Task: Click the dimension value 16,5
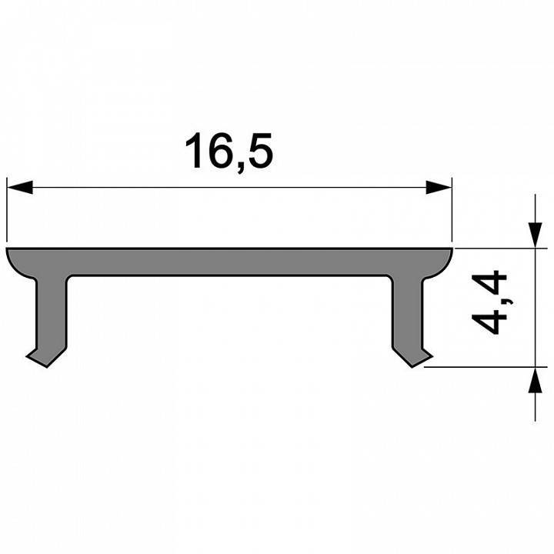229,152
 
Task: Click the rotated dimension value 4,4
490,302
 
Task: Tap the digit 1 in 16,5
195,152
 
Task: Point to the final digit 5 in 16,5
260,152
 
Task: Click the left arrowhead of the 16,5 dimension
19,187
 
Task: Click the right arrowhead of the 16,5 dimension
439,187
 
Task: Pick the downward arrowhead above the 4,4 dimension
533,235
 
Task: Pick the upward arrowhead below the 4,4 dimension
533,380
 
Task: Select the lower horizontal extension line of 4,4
477,367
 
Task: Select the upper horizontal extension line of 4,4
492,248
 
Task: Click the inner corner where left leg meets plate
67,278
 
